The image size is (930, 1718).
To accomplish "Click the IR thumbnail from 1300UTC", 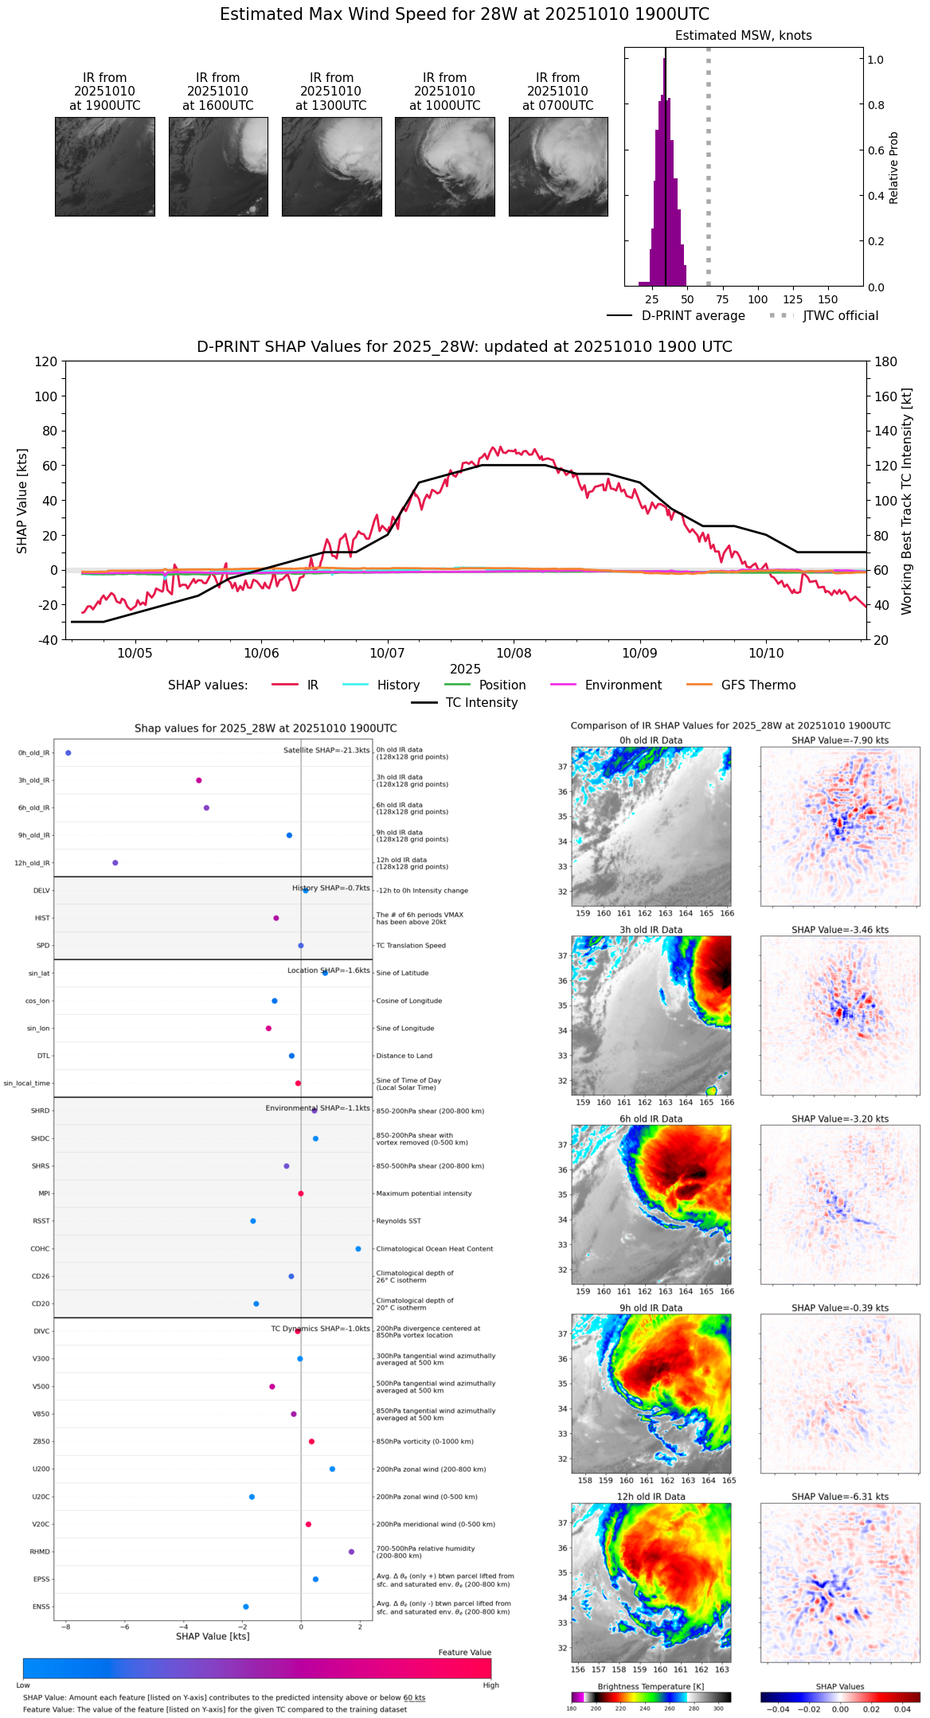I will (x=331, y=166).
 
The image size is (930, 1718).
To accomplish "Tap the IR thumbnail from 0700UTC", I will (x=558, y=166).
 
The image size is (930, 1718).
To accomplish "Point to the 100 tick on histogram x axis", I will (x=758, y=299).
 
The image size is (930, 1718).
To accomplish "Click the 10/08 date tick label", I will (x=514, y=654).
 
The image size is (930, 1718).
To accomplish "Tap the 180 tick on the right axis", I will (x=886, y=362).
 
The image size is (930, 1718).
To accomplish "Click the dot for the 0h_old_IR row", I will (x=68, y=752).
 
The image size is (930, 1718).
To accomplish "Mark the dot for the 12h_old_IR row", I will (x=115, y=862).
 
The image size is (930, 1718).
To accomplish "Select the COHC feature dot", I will (x=358, y=1248).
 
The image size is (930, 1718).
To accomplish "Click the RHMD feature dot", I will (x=351, y=1552).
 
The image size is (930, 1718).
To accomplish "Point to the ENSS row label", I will (x=41, y=1607).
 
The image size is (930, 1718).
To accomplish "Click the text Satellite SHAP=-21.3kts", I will (x=326, y=750).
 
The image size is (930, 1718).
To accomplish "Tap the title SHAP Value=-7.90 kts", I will (x=840, y=740).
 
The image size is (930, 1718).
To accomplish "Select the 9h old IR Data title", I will (x=651, y=1308).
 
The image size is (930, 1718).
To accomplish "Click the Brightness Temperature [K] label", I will (x=651, y=1687).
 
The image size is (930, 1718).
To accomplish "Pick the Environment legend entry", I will (x=623, y=685).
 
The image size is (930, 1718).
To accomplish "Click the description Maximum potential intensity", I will (x=424, y=1193).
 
